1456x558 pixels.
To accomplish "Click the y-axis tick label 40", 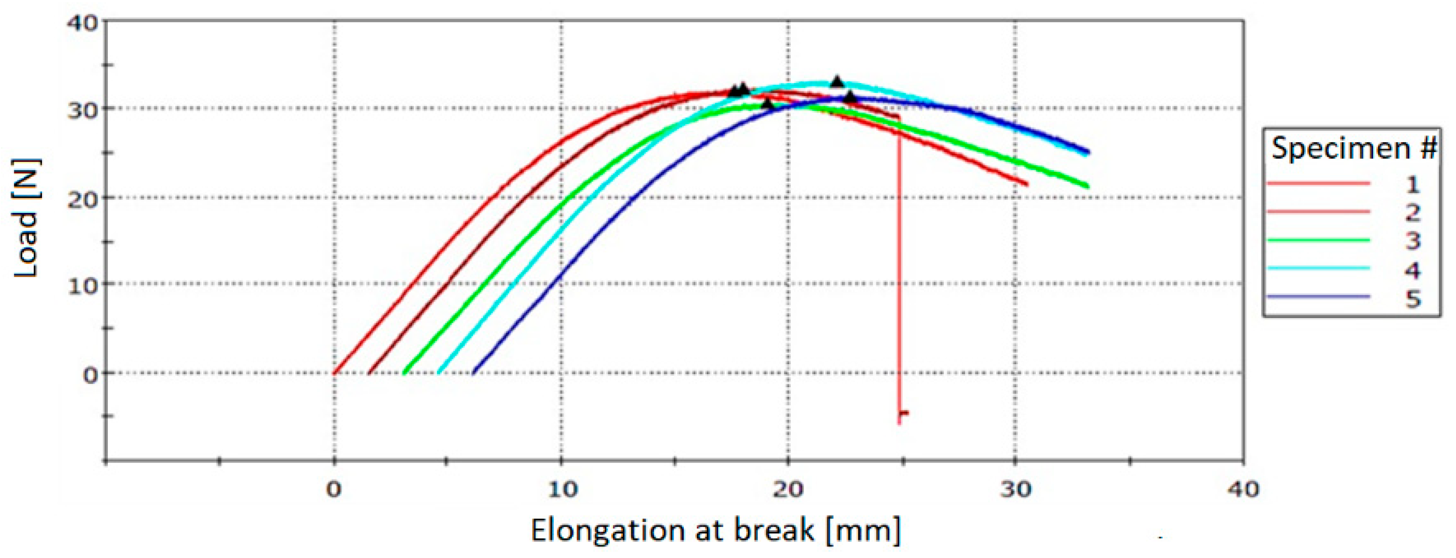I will pyautogui.click(x=83, y=23).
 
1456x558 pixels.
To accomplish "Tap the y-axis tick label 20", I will pyautogui.click(x=83, y=199).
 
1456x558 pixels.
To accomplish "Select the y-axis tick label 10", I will pyautogui.click(x=83, y=286).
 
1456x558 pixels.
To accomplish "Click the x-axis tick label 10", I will pyautogui.click(x=563, y=490).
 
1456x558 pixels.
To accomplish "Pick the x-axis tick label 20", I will pyautogui.click(x=789, y=490).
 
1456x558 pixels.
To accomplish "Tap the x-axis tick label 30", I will pyautogui.click(x=1015, y=490).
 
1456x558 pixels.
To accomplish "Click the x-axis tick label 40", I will pyautogui.click(x=1243, y=490).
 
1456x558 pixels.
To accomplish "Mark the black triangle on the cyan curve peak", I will pyautogui.click(x=837, y=81).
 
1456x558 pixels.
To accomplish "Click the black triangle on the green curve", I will pyautogui.click(x=767, y=103).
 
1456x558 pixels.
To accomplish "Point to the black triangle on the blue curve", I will pyautogui.click(x=850, y=97).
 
